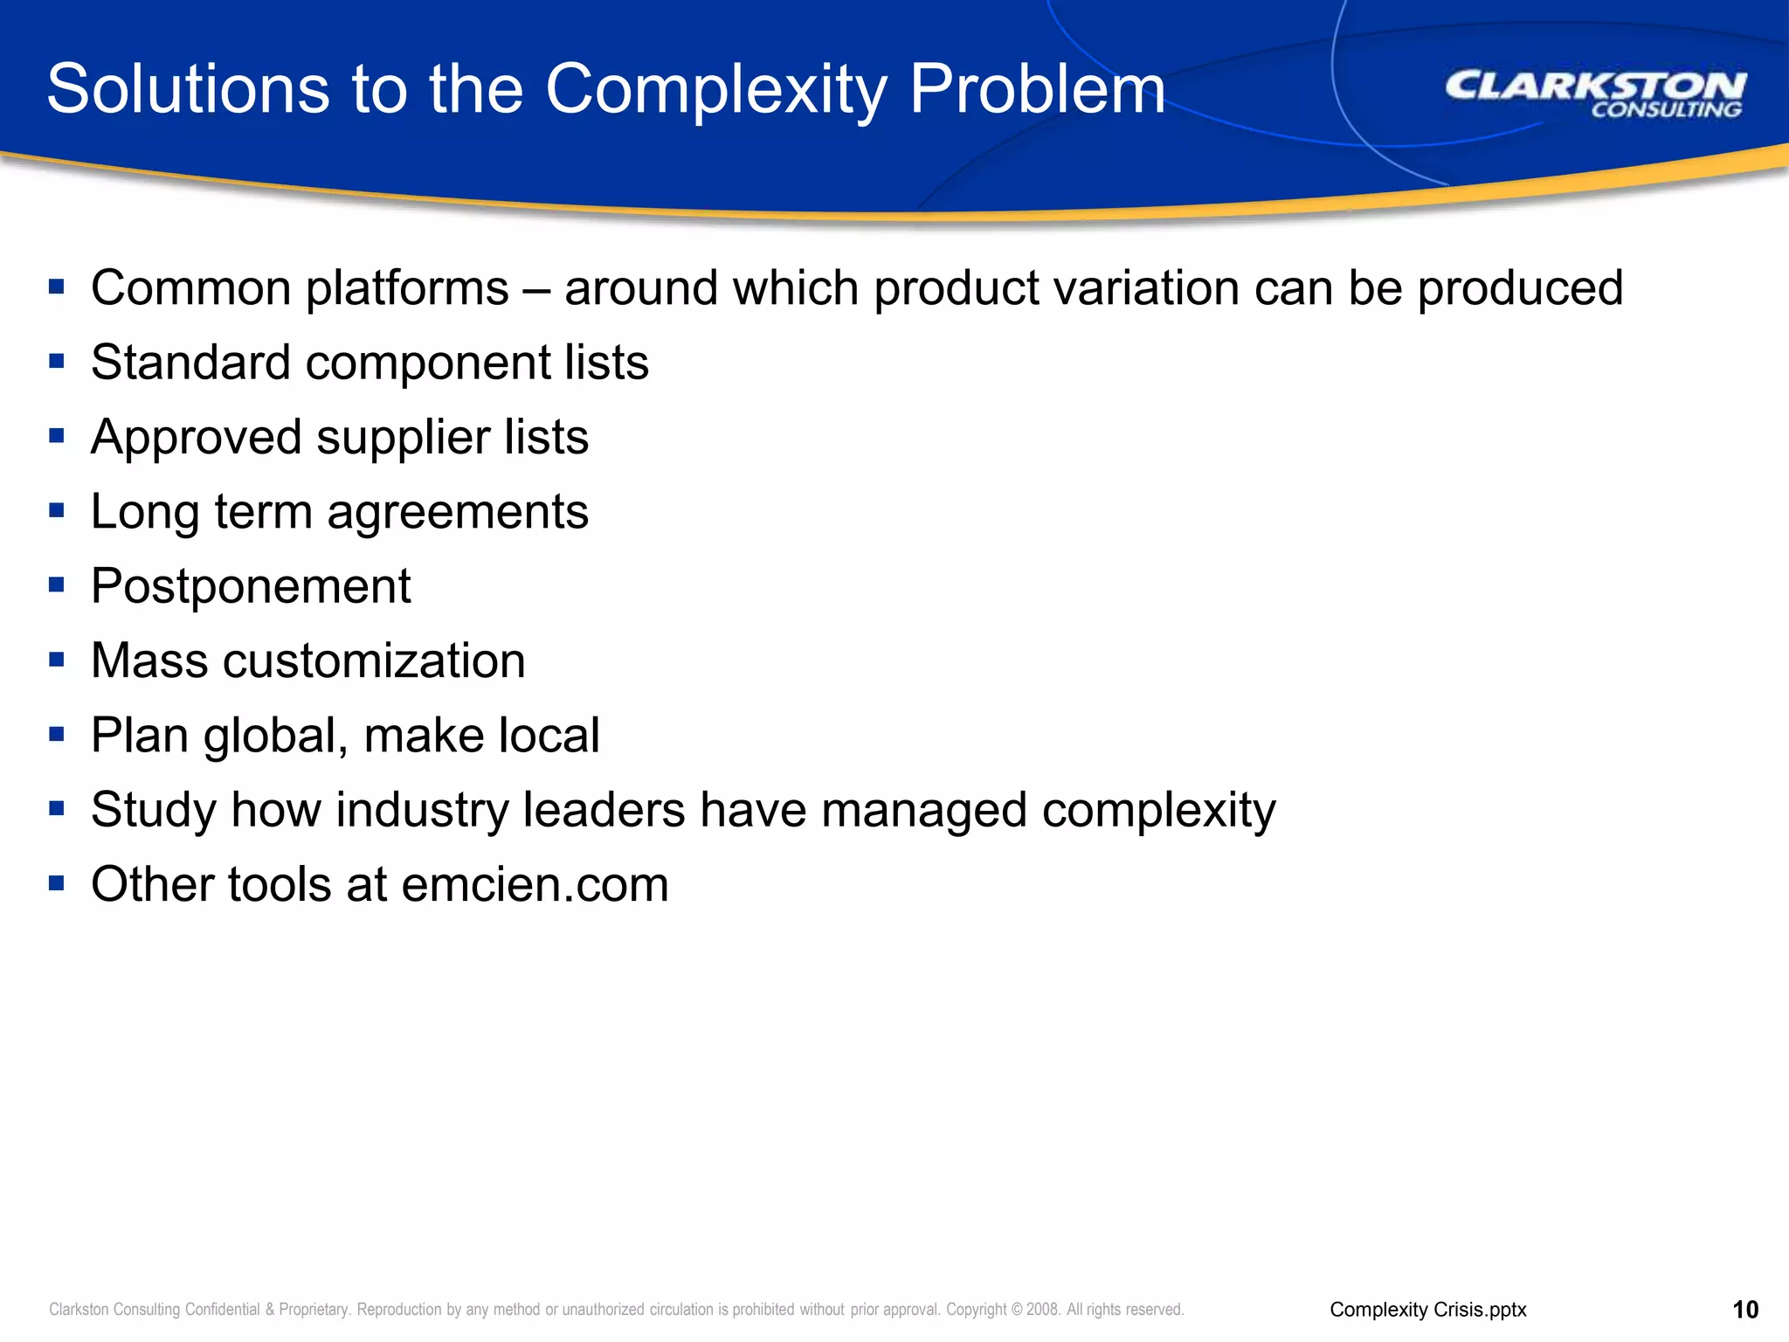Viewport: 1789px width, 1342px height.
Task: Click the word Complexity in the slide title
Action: [716, 90]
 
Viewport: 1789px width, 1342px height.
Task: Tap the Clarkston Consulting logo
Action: [1595, 94]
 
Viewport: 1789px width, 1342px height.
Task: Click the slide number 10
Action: [1744, 1310]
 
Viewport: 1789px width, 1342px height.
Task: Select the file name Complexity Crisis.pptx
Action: [1427, 1310]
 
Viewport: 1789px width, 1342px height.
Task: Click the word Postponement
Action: [251, 586]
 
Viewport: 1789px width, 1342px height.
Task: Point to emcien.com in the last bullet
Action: [535, 884]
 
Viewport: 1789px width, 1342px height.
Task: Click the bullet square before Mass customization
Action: [57, 660]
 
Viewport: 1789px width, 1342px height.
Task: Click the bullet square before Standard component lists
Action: [57, 361]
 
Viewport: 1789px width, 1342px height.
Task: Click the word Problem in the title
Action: [1037, 90]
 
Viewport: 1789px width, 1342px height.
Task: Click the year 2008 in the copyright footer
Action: [1042, 1310]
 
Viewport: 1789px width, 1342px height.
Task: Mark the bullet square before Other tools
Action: [57, 883]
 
